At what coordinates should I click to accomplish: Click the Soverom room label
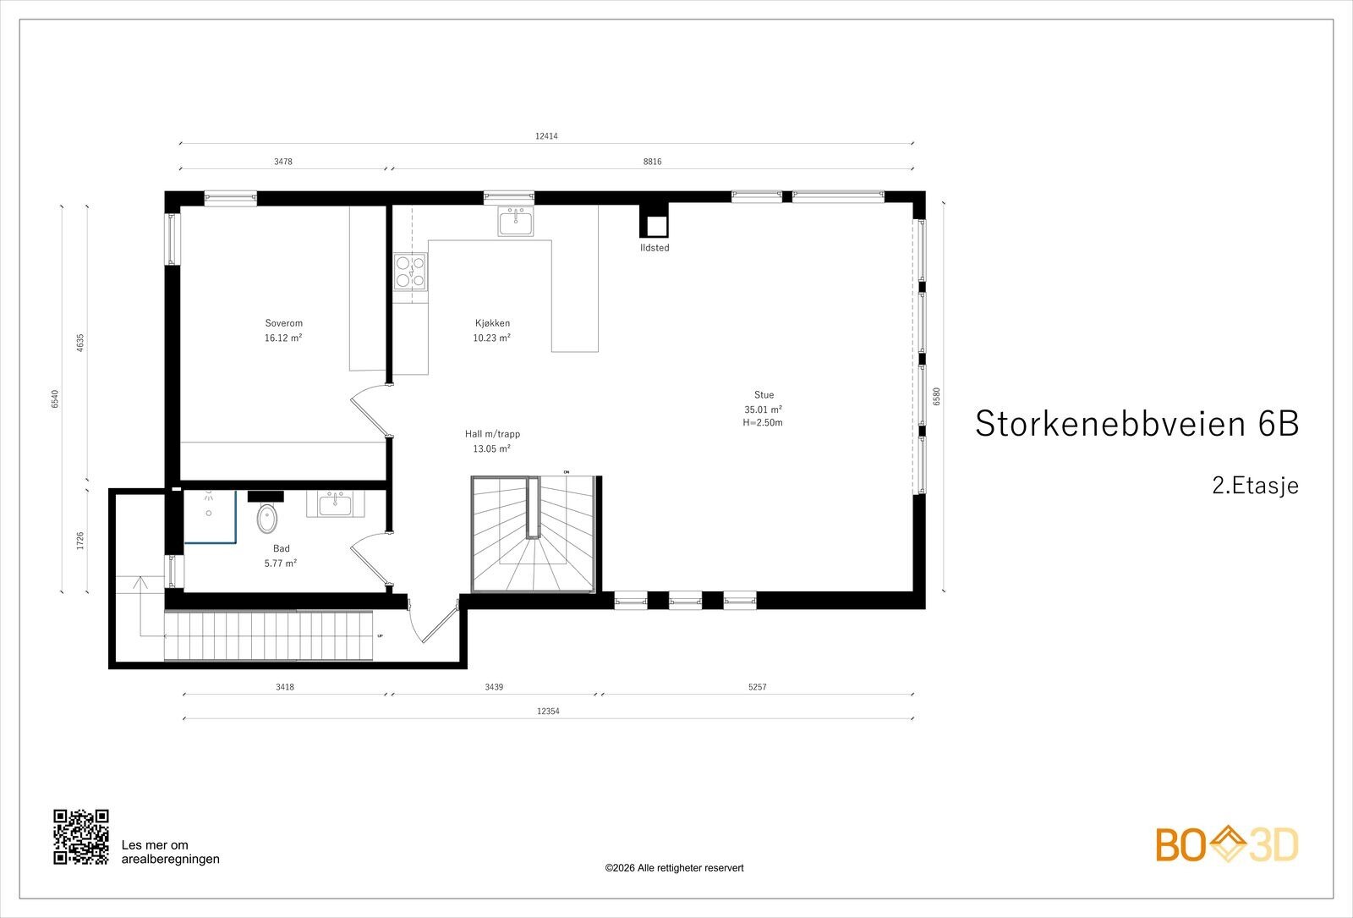pos(283,323)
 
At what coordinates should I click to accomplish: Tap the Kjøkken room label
pos(492,323)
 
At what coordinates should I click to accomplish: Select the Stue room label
pos(764,394)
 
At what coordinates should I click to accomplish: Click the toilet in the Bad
pos(267,519)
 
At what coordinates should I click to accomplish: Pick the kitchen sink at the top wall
pos(516,221)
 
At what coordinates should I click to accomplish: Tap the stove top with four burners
pos(410,272)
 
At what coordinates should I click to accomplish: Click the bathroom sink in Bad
pos(335,504)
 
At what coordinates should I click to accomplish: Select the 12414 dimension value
pos(546,136)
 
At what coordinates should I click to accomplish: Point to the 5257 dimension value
pos(757,686)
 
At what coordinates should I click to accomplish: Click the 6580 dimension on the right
pos(937,397)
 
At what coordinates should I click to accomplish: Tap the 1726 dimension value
pos(80,541)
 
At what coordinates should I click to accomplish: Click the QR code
pos(81,837)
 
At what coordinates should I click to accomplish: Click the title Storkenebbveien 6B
pos(1137,423)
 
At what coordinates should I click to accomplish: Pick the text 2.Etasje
pos(1255,486)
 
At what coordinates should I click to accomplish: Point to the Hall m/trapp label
pos(492,434)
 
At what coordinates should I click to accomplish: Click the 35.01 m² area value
pos(764,410)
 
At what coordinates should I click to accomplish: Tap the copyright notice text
pos(674,868)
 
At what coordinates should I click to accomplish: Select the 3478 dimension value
pos(283,162)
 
